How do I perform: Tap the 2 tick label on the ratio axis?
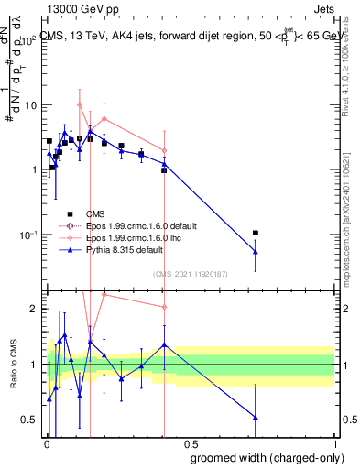click(34, 309)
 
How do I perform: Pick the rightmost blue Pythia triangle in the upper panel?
click(256, 251)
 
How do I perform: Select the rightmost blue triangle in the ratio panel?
click(256, 418)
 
